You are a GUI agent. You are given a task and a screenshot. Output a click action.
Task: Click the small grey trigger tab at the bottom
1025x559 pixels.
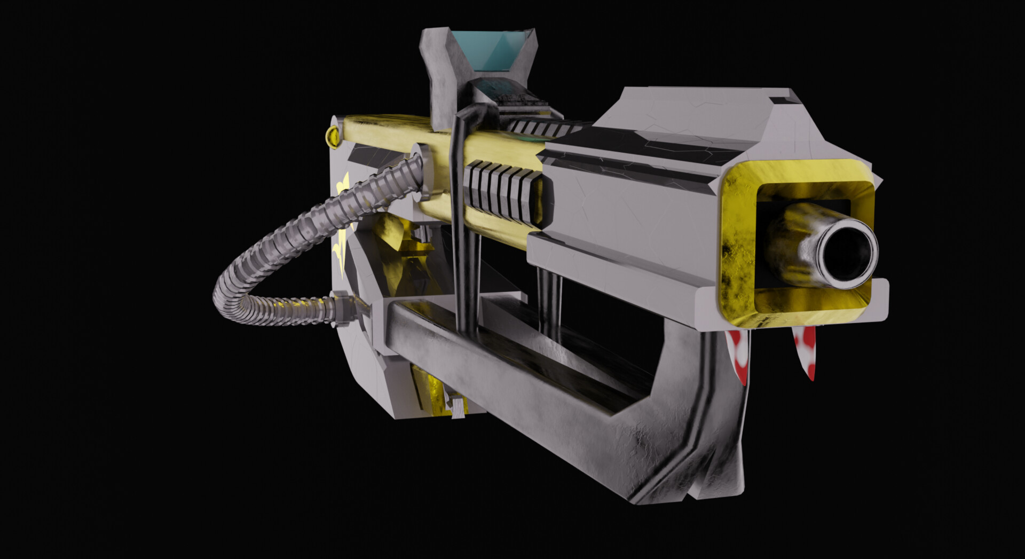[x=458, y=408]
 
